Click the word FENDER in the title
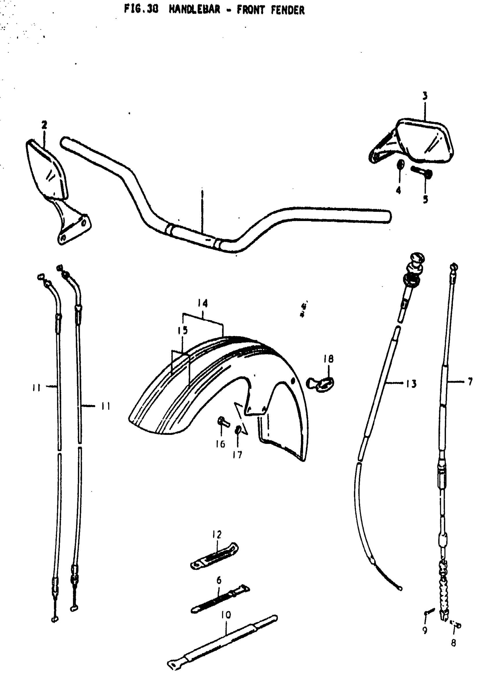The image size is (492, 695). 287,10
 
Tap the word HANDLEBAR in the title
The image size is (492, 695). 194,10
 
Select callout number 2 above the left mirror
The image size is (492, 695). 44,125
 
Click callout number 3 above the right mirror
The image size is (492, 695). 425,96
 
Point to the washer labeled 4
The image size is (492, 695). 400,165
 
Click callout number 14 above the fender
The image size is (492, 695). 203,303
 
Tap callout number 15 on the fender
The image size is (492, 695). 183,330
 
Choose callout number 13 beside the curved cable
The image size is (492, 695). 411,384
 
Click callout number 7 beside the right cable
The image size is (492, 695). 470,382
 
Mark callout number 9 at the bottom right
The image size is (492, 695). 425,630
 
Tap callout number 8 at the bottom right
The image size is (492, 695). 453,643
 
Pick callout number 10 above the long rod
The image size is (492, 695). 226,615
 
